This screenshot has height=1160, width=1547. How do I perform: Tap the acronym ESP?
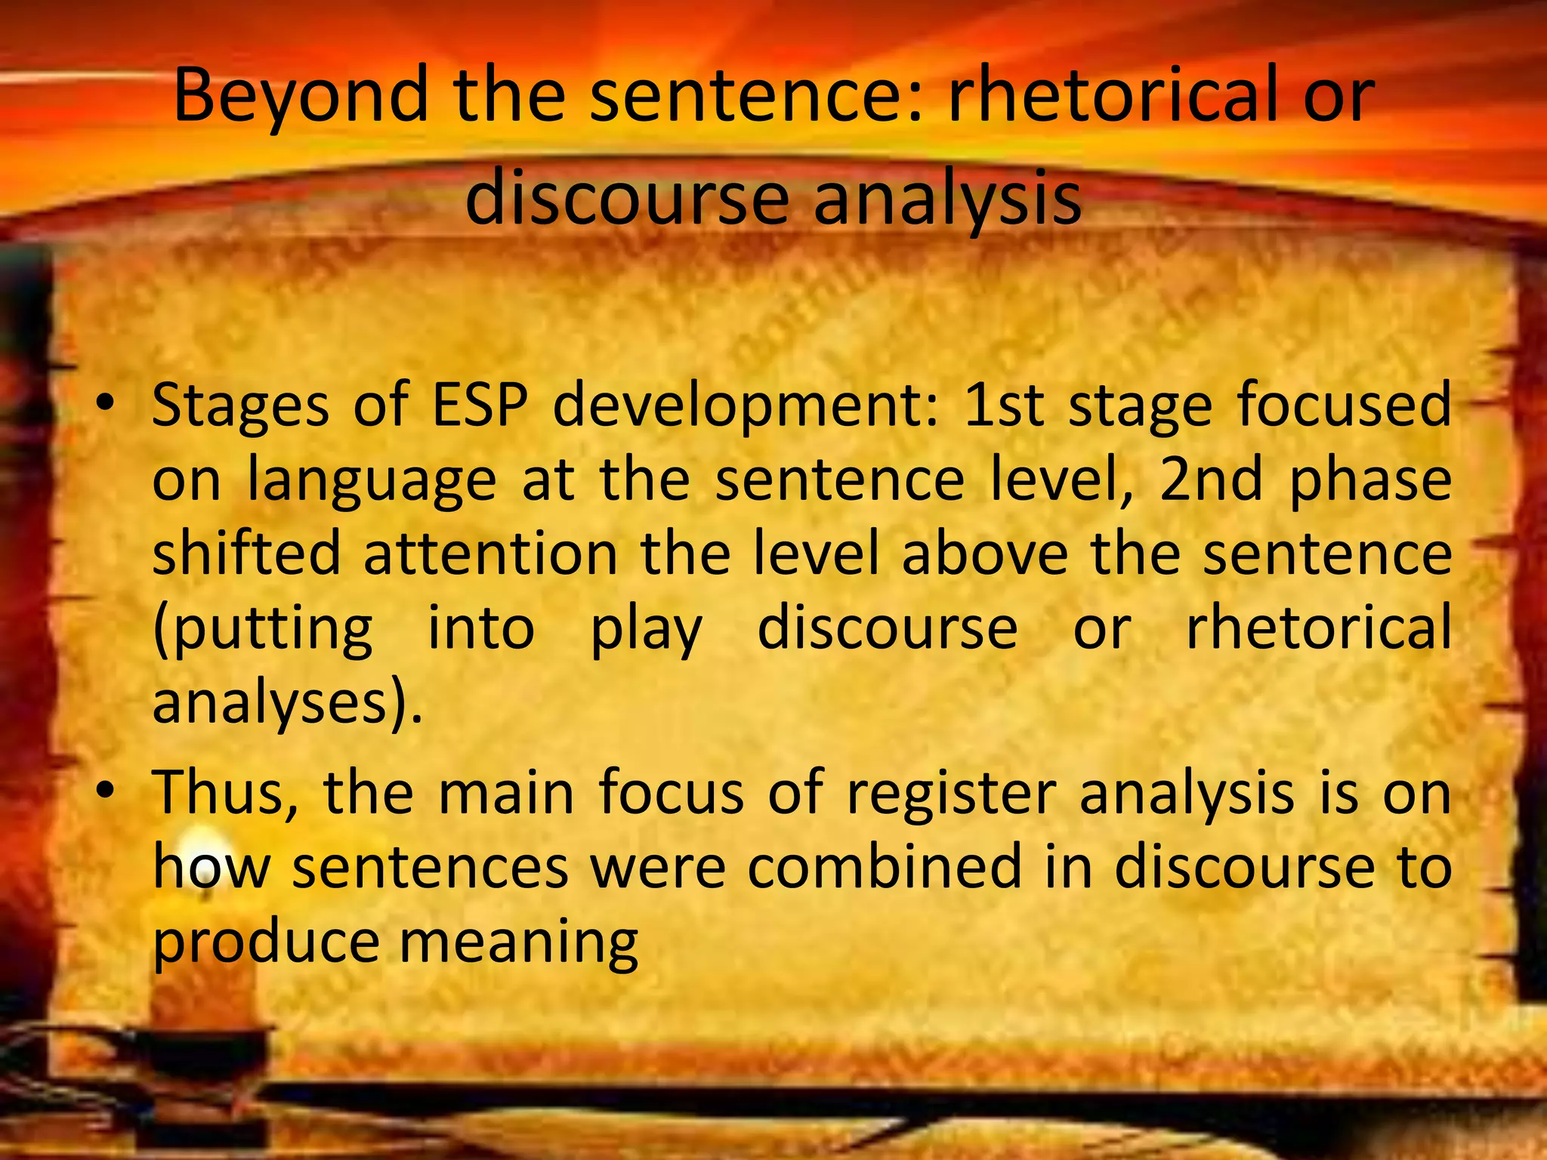pos(479,405)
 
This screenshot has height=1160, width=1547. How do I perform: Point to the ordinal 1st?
pos(1004,405)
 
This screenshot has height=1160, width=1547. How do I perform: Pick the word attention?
pos(490,554)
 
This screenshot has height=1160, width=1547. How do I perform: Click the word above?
pos(984,554)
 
